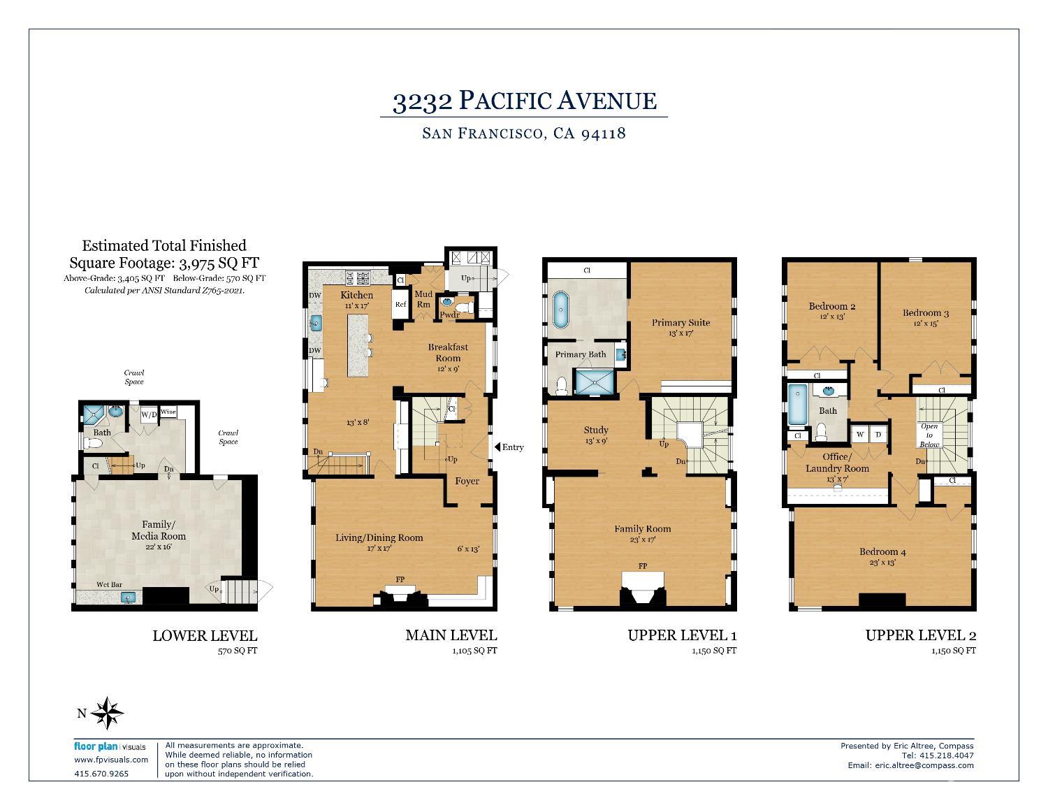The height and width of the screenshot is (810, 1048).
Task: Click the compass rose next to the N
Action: coord(108,714)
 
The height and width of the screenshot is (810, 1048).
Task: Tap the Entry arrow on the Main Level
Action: coord(497,447)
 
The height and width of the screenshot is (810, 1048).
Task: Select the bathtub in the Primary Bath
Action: coord(560,311)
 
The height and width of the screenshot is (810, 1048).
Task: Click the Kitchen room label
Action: coord(356,295)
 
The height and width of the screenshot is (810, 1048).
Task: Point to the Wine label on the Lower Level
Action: coord(168,412)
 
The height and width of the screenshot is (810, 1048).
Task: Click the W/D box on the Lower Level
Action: coord(150,414)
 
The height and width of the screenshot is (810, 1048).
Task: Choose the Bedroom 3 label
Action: coord(925,313)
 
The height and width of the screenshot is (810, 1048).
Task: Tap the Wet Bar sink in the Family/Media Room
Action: coord(127,597)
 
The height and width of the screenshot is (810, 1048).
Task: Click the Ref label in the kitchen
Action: coord(400,304)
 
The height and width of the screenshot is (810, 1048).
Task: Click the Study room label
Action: coord(595,430)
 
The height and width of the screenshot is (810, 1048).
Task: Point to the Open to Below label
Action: coord(929,435)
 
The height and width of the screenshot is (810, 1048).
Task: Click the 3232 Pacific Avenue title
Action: coord(524,101)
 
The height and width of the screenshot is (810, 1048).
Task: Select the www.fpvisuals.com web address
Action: coord(111,760)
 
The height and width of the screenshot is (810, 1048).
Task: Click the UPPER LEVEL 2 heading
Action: coord(920,635)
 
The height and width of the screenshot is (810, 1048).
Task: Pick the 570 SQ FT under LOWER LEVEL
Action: coord(238,651)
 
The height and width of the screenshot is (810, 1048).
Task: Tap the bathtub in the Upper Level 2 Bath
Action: coord(796,405)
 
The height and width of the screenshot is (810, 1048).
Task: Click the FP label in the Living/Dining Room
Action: coord(400,579)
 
